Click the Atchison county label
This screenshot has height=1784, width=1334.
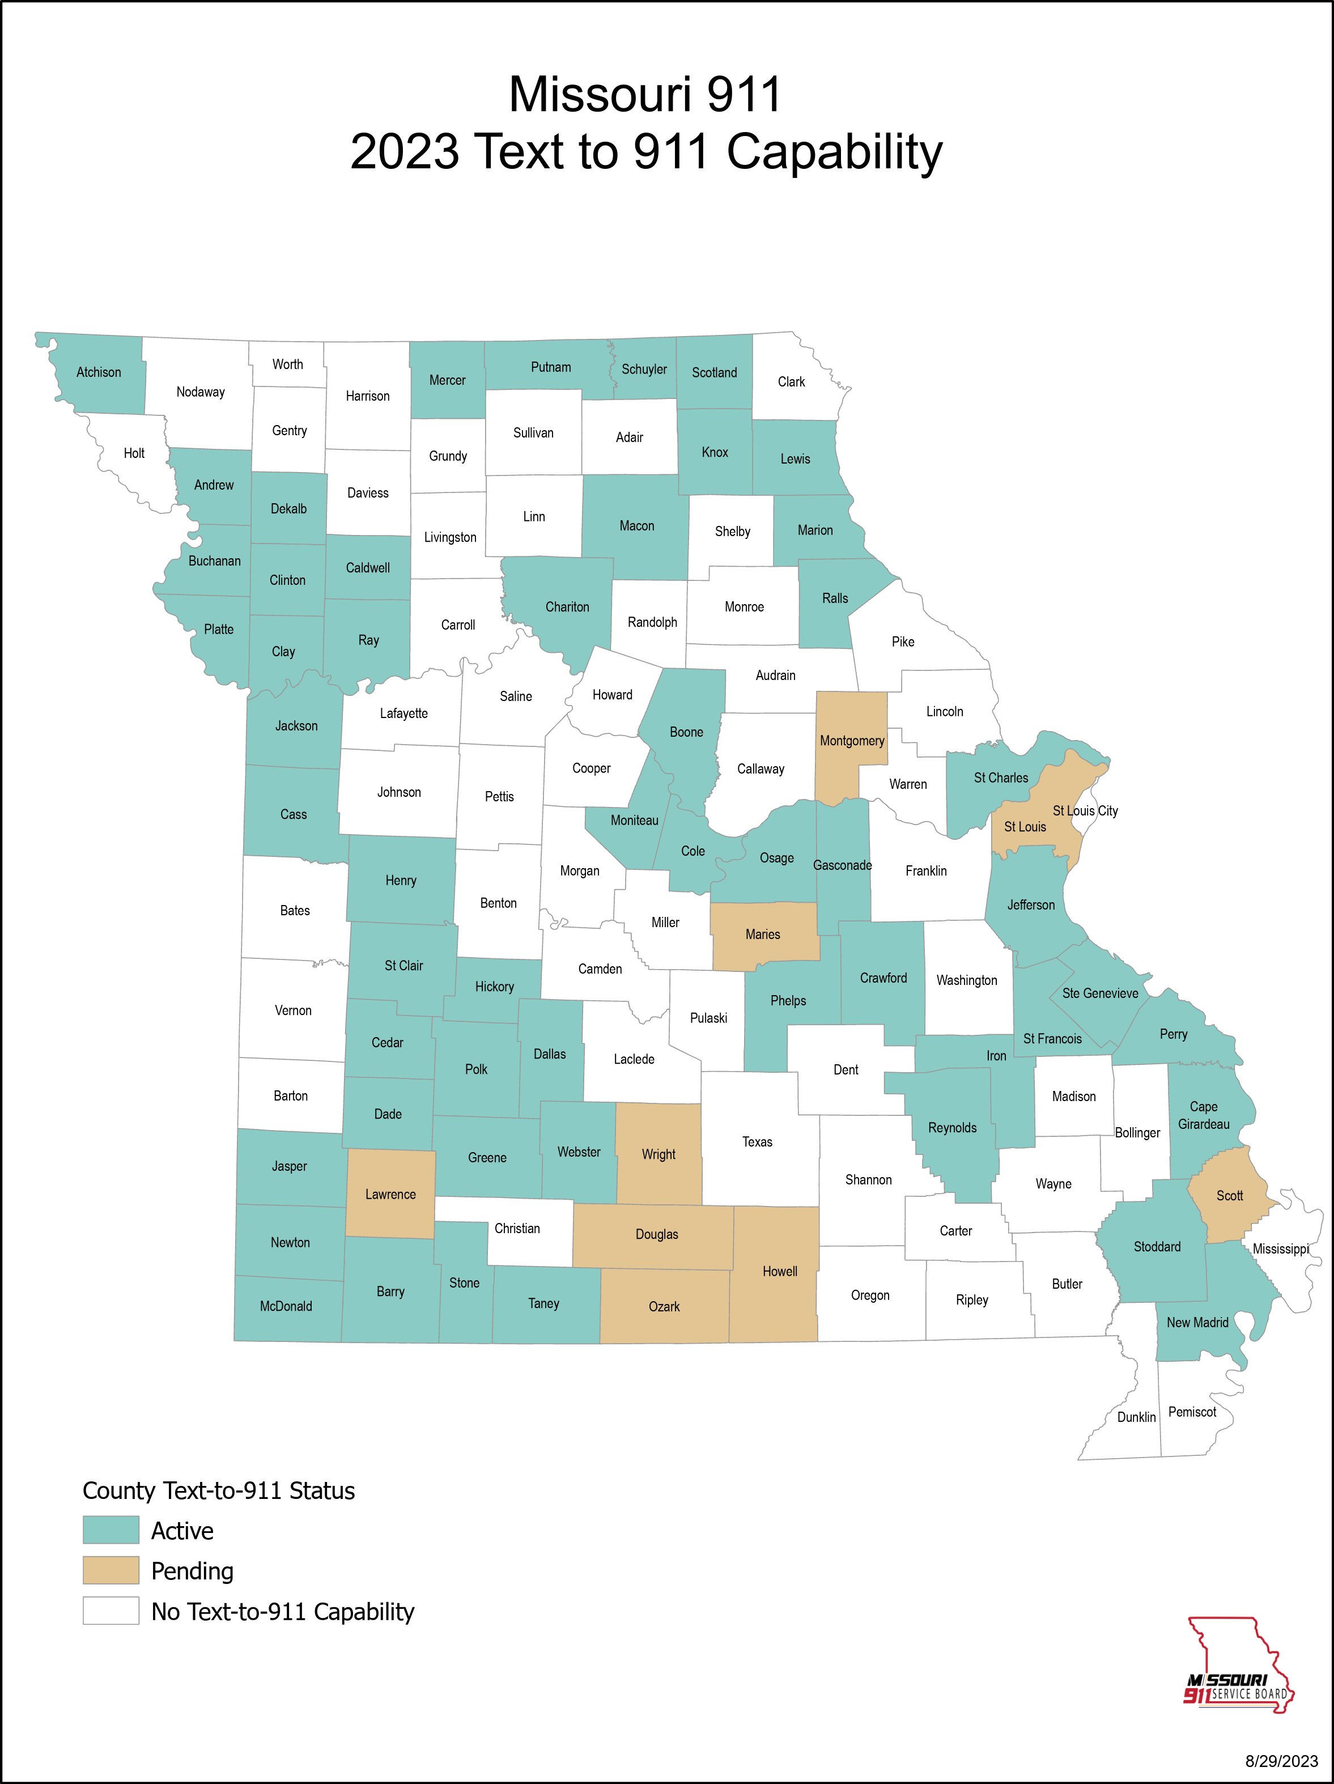coord(99,372)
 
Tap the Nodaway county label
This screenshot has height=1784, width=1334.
coord(201,392)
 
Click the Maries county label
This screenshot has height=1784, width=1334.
coord(763,935)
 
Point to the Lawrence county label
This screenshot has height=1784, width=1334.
coord(390,1195)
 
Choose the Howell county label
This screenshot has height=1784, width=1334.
coord(780,1272)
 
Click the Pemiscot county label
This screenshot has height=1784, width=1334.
coord(1192,1412)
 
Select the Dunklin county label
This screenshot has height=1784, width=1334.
coord(1136,1417)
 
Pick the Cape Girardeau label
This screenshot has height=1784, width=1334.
coord(1203,1115)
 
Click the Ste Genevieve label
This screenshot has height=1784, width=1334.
coord(1100,993)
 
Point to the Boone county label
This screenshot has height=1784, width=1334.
coord(686,732)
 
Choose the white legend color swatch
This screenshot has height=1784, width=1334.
coord(111,1611)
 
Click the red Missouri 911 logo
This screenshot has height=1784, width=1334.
coord(1238,1664)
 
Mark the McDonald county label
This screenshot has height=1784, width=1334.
coord(286,1306)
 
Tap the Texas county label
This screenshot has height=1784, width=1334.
coord(757,1142)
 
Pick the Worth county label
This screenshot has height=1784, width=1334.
coord(288,364)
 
